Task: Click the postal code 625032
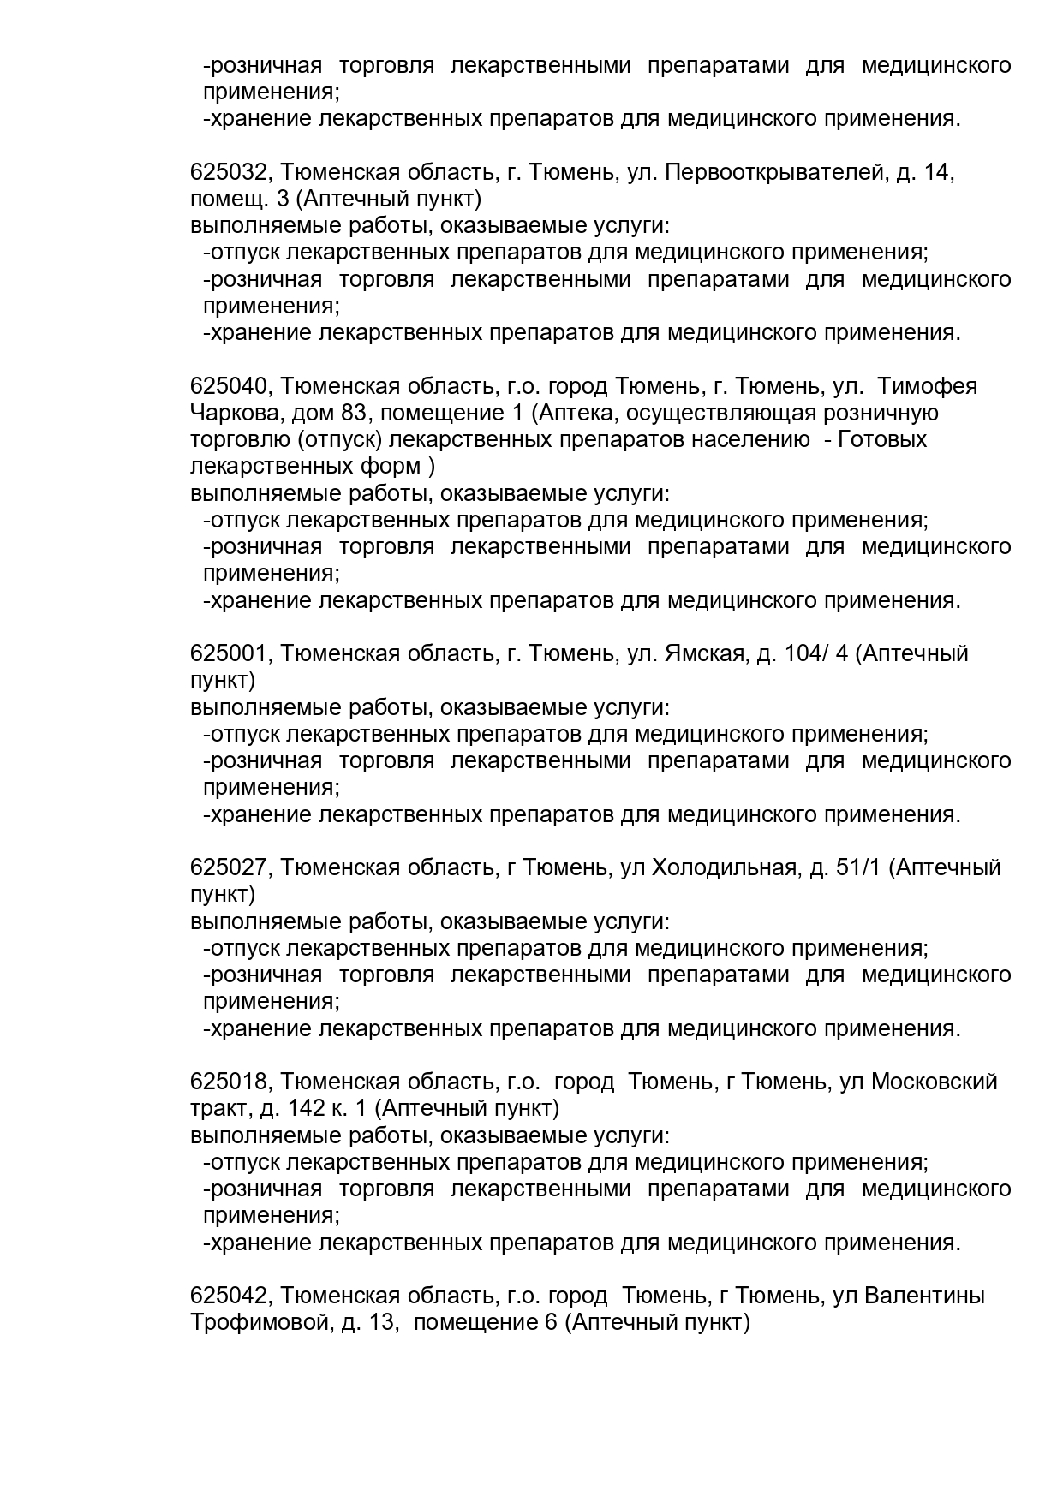[x=230, y=172]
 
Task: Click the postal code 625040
[x=230, y=386]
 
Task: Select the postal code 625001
[x=230, y=653]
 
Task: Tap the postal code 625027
[x=230, y=867]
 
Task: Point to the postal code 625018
[x=230, y=1082]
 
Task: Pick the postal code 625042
[x=230, y=1296]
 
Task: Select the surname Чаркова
[x=237, y=413]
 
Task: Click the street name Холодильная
[x=725, y=867]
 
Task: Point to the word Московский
[x=935, y=1082]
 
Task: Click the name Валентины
[x=924, y=1296]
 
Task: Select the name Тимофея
[x=928, y=386]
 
